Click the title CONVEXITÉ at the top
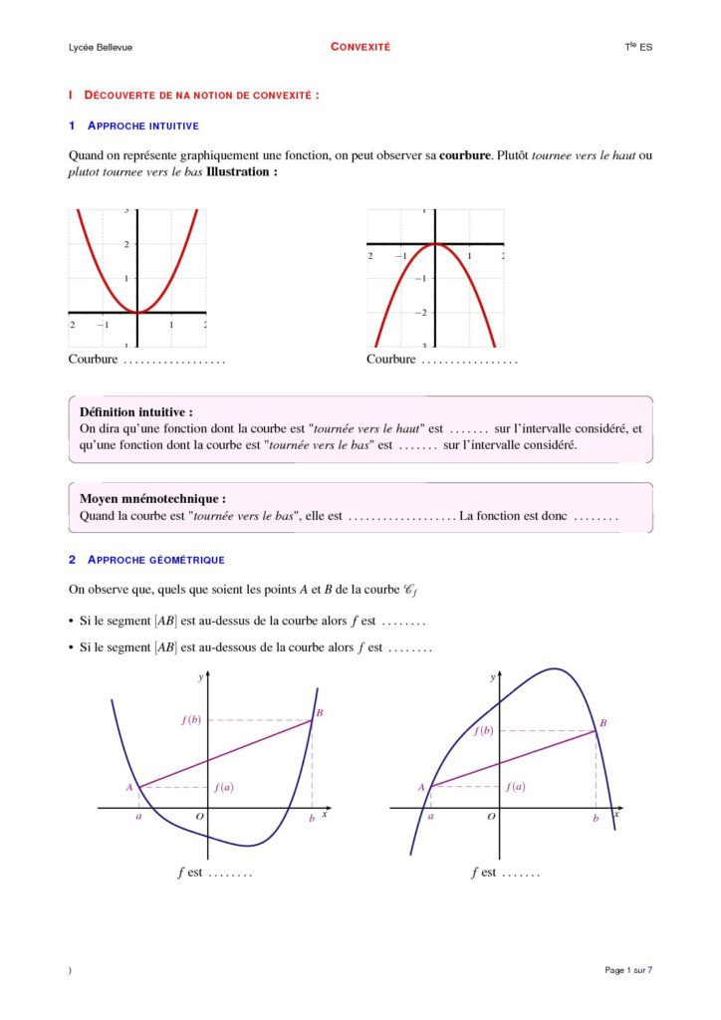tap(360, 47)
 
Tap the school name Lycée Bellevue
tap(101, 48)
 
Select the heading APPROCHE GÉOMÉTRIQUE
tap(155, 560)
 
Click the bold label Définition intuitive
tap(135, 411)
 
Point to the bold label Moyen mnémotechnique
tap(152, 498)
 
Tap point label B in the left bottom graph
tap(320, 713)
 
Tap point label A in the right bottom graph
tap(421, 787)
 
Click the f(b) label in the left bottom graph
tap(191, 719)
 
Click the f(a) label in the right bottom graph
tap(515, 787)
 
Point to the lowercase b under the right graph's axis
tap(596, 818)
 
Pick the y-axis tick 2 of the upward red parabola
tap(126, 245)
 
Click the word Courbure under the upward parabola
tap(93, 359)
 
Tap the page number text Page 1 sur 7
tap(628, 970)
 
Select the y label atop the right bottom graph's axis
tap(492, 677)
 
